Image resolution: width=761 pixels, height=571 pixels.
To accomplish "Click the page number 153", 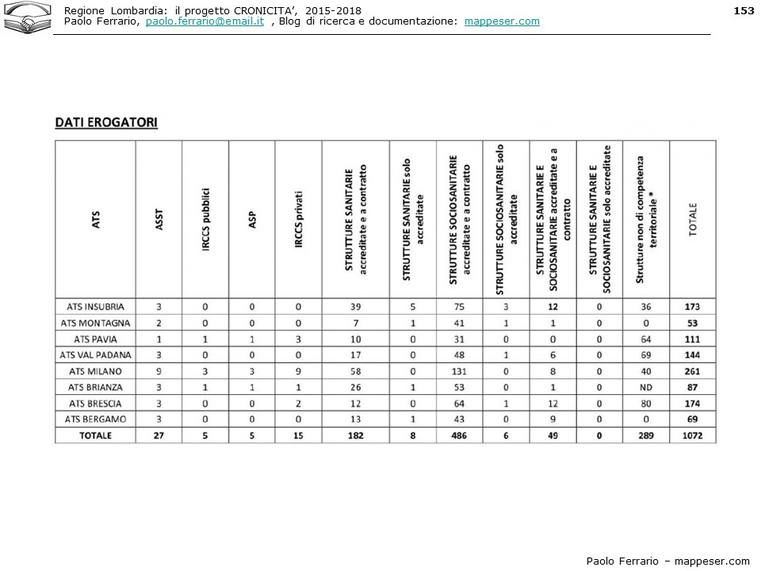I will click(x=743, y=10).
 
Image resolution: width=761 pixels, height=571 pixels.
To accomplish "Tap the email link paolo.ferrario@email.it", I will click(x=205, y=21).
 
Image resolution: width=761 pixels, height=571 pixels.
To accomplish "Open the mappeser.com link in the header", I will click(x=502, y=21).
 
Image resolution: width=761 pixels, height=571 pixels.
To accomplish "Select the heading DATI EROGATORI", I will click(x=106, y=122).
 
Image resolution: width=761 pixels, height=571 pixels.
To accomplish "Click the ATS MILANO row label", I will click(x=95, y=371).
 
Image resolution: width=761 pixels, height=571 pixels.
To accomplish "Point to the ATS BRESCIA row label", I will click(x=95, y=404).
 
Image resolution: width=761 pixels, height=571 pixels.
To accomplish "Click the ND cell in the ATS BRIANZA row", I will click(x=646, y=387).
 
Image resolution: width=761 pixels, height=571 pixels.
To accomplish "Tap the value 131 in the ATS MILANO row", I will click(x=459, y=371).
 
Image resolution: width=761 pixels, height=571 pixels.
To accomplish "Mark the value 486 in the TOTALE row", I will click(x=459, y=435).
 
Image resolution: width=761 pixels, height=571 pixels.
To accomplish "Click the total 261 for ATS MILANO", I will click(x=692, y=371).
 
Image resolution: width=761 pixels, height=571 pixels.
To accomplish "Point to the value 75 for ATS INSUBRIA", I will click(x=459, y=307).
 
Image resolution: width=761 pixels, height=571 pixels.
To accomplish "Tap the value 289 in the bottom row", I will click(x=646, y=435).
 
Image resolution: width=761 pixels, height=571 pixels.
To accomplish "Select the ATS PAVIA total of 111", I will click(x=692, y=339).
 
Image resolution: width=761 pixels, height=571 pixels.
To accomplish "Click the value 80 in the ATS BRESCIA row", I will click(x=646, y=404).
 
